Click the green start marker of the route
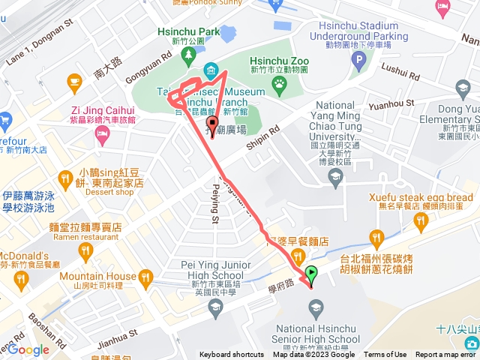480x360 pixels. tap(312, 275)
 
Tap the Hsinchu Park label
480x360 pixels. tap(189, 31)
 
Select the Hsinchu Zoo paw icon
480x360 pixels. tap(280, 85)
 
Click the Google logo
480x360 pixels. tap(28, 349)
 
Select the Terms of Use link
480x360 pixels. tap(385, 355)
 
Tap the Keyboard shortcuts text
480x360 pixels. tap(232, 355)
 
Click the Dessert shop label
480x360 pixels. tap(109, 192)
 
